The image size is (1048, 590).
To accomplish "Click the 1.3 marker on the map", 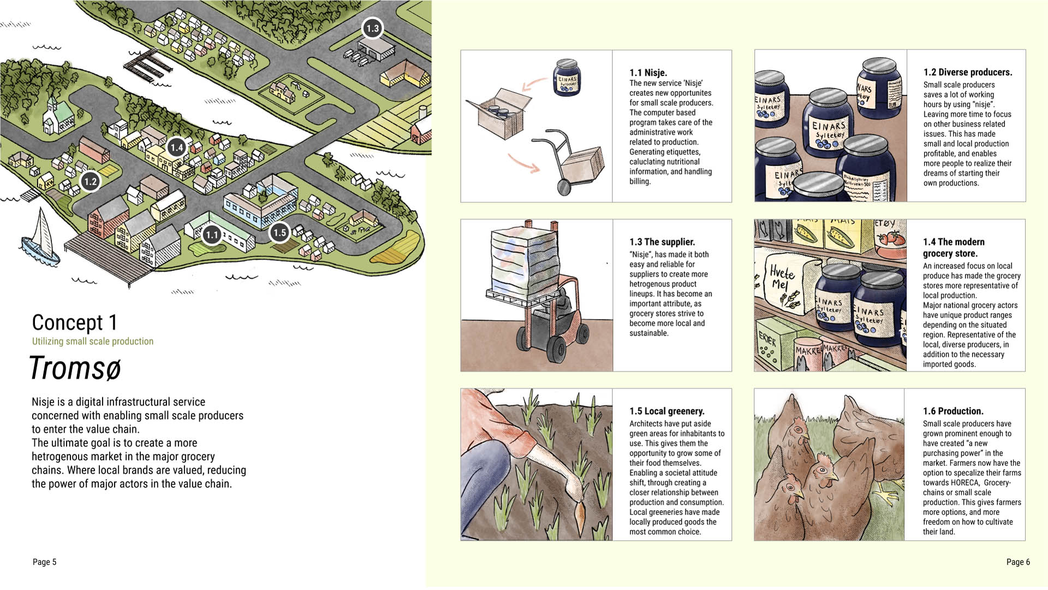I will tap(372, 28).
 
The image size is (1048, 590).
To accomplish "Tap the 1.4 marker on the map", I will tap(176, 147).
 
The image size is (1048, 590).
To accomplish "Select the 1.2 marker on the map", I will tap(90, 182).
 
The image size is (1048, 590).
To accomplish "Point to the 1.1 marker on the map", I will tap(211, 235).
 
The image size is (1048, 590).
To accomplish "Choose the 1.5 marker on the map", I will tap(279, 233).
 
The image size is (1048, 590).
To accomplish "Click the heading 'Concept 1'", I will tap(74, 323).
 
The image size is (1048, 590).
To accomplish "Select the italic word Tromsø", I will tap(75, 368).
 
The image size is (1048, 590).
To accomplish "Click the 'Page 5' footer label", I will tap(44, 562).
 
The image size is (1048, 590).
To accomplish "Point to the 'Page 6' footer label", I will tap(1018, 562).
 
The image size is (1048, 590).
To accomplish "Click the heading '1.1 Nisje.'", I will tap(648, 73).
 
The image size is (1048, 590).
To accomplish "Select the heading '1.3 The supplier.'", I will tap(662, 242).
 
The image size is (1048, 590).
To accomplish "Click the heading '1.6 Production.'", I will tap(953, 411).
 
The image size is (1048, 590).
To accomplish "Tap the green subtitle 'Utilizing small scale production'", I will tap(93, 341).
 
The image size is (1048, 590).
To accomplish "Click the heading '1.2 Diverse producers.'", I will tap(968, 73).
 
